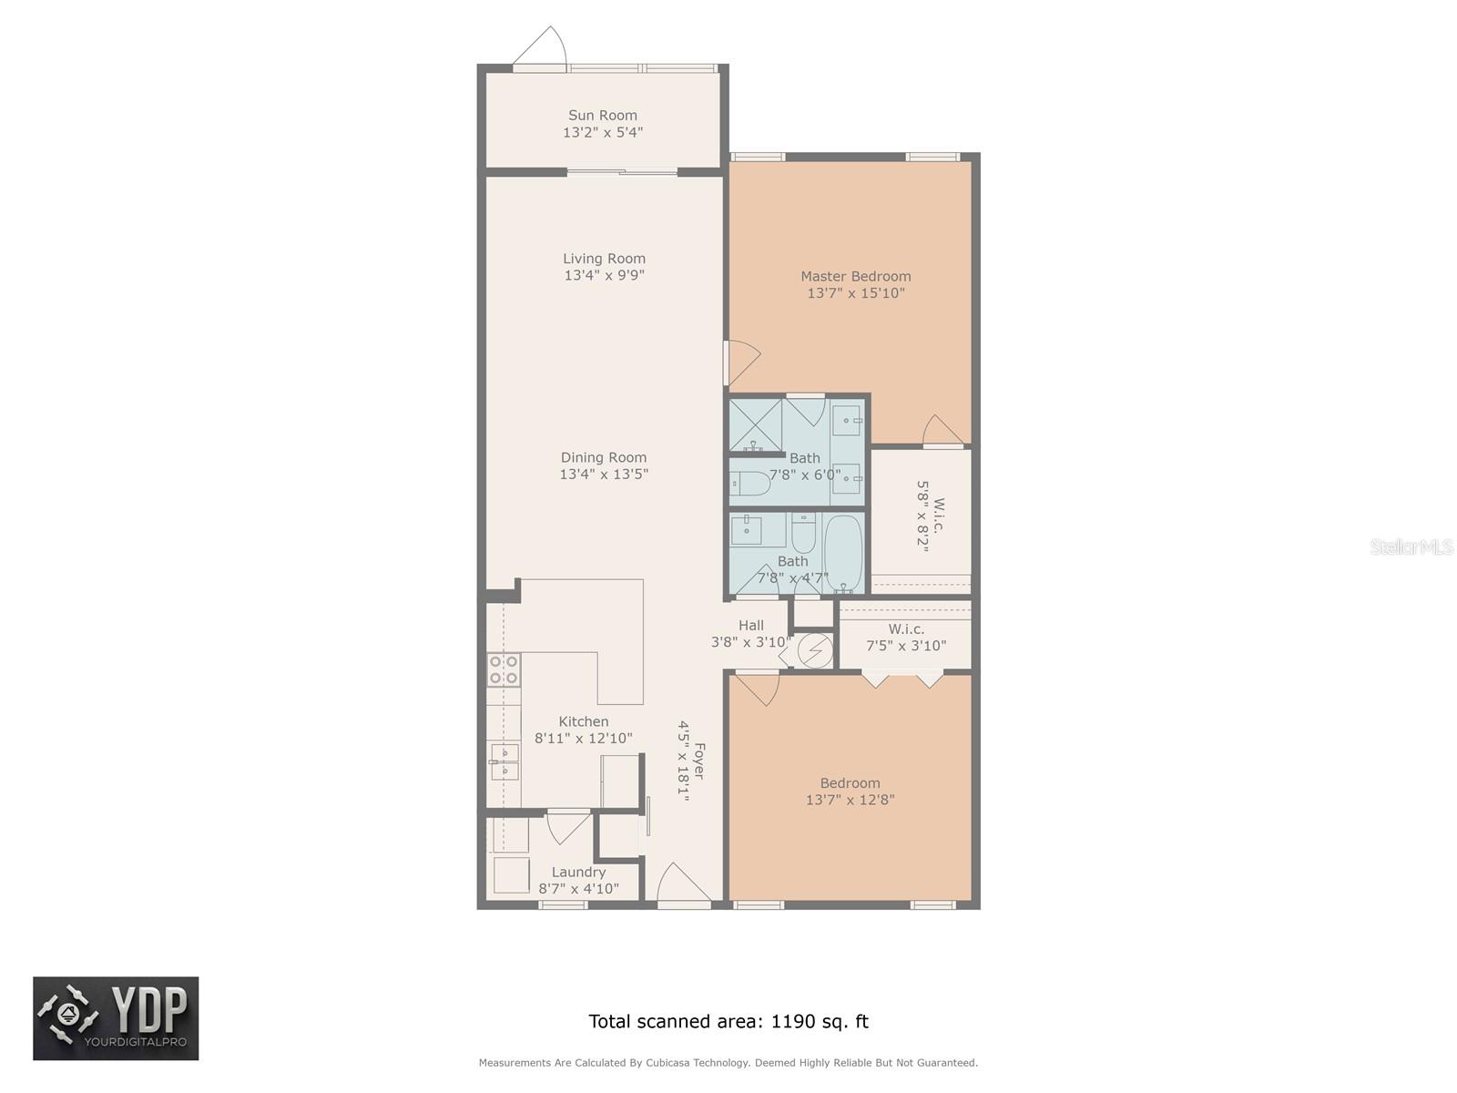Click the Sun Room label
602,116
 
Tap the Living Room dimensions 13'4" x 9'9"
604,275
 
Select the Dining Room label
604,457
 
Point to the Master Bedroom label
855,276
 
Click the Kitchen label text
583,721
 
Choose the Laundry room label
578,872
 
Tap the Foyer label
699,761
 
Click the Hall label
750,625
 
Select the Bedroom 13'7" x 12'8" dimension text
850,800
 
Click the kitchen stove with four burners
504,669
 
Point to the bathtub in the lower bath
843,554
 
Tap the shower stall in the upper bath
756,424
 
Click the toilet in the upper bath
749,483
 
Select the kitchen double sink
504,761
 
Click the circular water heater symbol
814,651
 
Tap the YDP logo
116,1018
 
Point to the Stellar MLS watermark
1411,547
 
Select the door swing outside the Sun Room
540,46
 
